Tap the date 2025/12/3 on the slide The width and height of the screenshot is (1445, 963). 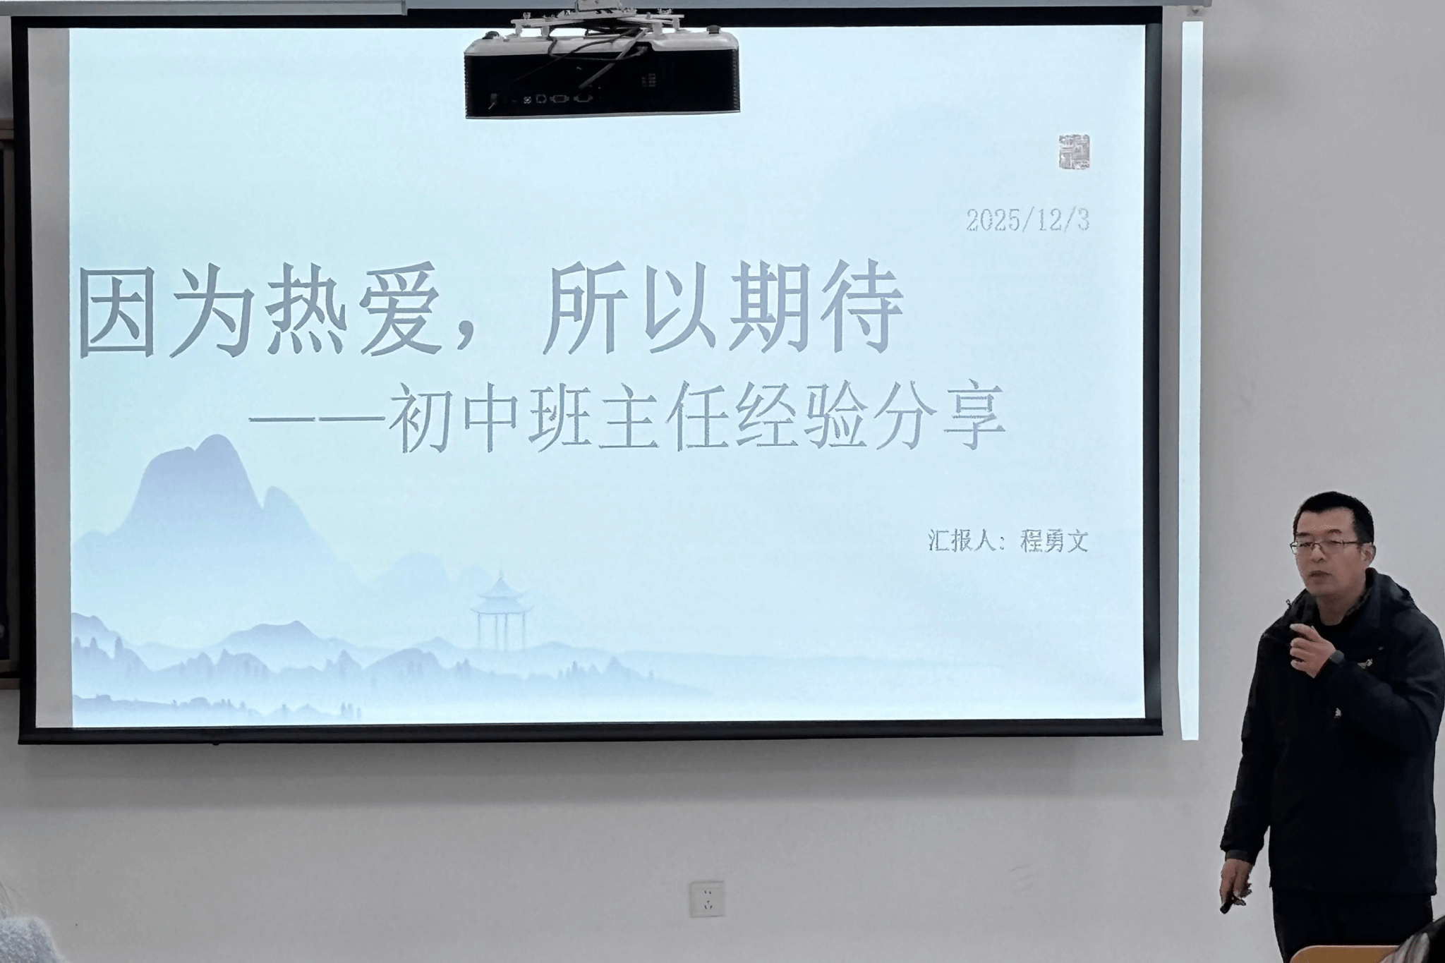1028,220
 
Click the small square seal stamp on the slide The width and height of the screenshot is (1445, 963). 1074,152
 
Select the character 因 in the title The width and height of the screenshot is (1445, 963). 118,311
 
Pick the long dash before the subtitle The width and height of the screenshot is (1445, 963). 317,420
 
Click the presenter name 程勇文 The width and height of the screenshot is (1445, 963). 1055,541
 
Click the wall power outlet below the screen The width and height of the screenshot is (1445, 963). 707,898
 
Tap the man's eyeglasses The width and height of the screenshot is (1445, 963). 1325,546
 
